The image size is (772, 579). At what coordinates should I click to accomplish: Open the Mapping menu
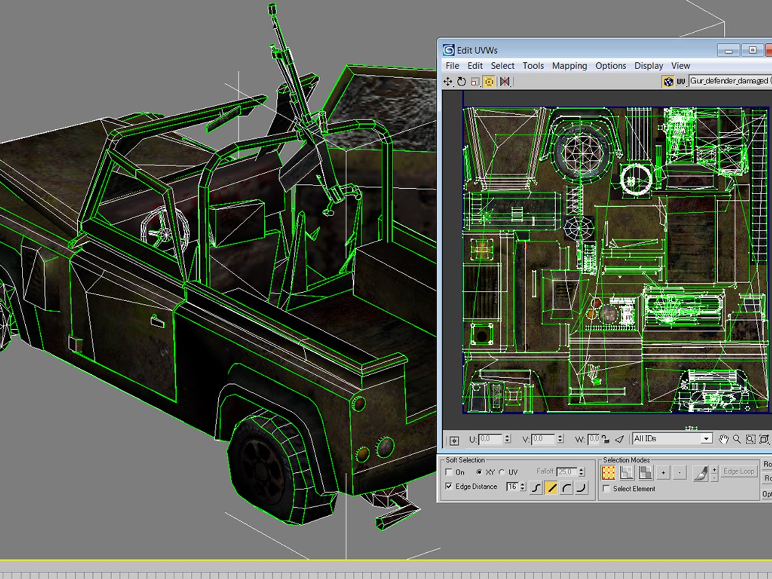[569, 65]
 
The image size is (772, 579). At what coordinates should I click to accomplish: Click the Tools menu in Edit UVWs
[533, 65]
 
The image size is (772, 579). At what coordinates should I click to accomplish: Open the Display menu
[649, 65]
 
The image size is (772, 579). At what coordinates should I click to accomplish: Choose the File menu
[452, 65]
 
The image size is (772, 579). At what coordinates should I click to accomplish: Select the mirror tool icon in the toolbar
[504, 81]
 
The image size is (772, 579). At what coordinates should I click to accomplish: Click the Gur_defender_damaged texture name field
[729, 81]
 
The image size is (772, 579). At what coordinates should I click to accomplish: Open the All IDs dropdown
[706, 439]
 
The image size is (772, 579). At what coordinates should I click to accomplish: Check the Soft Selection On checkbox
[449, 472]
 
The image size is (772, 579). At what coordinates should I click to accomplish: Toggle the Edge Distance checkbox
[449, 486]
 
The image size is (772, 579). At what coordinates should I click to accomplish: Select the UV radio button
[502, 472]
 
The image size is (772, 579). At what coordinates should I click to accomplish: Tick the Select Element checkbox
[606, 488]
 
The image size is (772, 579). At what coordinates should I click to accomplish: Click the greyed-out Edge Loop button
[738, 471]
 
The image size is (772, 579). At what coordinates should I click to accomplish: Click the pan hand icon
[723, 439]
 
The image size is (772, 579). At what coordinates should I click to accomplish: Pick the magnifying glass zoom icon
[737, 439]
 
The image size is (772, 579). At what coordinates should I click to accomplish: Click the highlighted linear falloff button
[551, 487]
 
